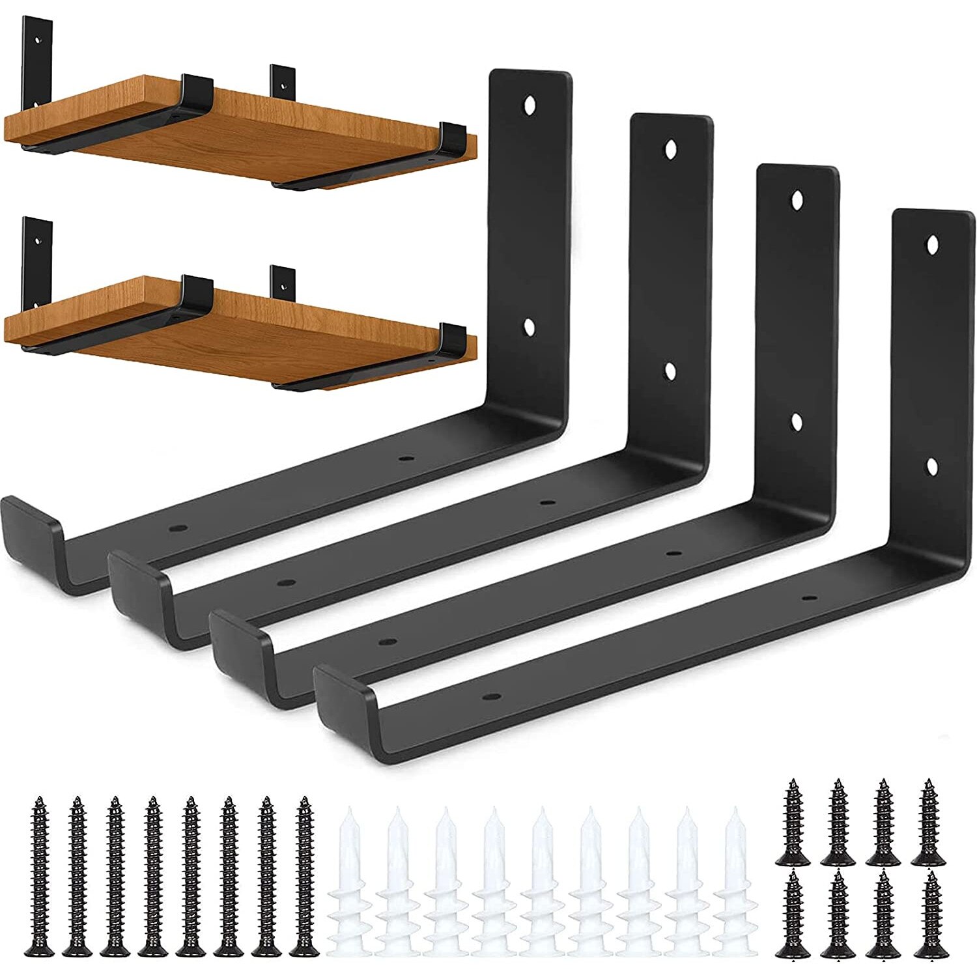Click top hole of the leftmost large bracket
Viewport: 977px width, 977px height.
click(531, 104)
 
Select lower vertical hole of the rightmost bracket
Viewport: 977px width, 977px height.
click(932, 466)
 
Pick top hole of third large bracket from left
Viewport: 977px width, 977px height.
click(796, 200)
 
